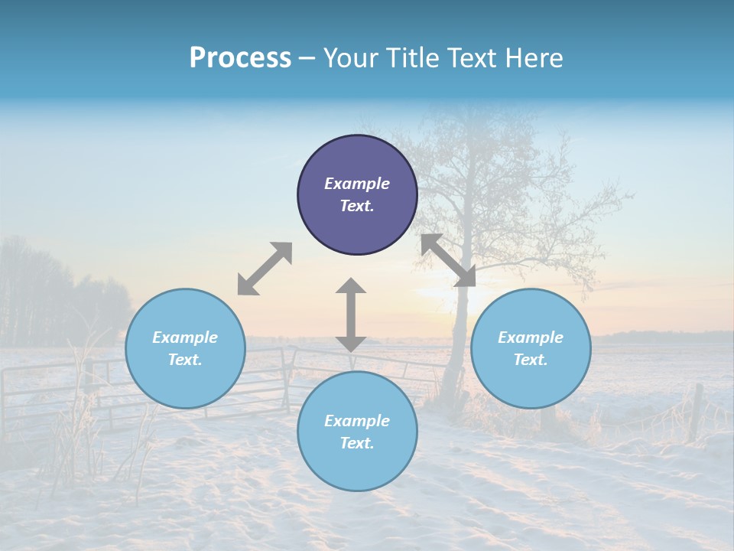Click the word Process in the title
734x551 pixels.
tap(240, 58)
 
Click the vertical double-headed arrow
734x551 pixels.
tap(351, 315)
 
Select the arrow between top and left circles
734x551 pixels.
tap(265, 269)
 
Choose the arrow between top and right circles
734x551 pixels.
tap(449, 260)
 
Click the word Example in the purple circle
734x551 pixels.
tap(357, 184)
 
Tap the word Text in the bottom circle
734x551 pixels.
tap(357, 443)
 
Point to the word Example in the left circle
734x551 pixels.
tap(185, 337)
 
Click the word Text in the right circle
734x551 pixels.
tap(531, 360)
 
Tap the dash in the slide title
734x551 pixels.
tap(307, 58)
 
